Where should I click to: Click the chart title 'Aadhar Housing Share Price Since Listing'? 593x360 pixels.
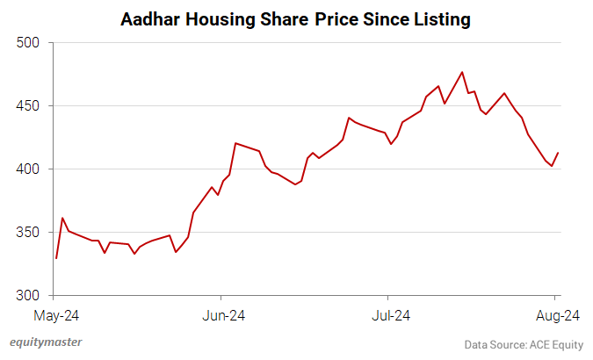click(x=296, y=18)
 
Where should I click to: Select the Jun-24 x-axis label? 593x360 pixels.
click(x=221, y=314)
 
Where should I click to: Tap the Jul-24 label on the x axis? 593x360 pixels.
click(x=387, y=314)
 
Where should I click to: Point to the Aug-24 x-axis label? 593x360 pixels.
click(x=555, y=314)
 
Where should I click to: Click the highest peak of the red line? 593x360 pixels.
click(x=462, y=72)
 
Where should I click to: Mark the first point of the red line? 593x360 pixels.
click(x=56, y=258)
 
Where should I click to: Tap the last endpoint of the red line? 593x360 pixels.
click(x=558, y=153)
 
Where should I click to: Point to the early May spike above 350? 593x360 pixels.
click(x=62, y=218)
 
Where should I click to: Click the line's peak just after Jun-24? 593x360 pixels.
click(x=235, y=143)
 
